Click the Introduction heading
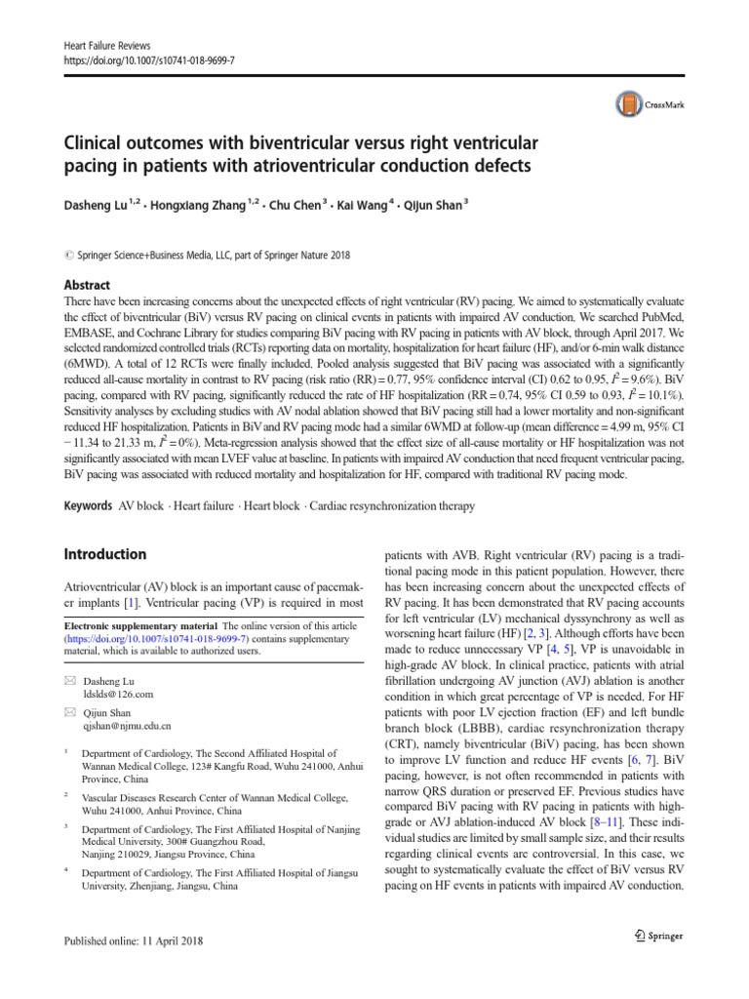click(105, 554)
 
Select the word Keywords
click(88, 505)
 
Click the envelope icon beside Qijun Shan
click(68, 713)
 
